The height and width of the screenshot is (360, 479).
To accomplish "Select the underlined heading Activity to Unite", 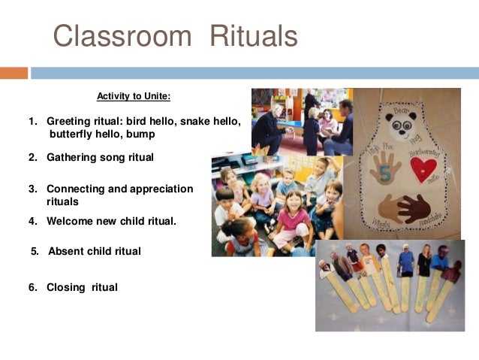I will [x=134, y=96].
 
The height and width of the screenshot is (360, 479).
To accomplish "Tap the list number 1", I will [x=32, y=121].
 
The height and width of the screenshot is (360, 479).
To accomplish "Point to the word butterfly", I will [x=74, y=134].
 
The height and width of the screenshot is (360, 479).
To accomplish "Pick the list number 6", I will [x=32, y=287].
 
